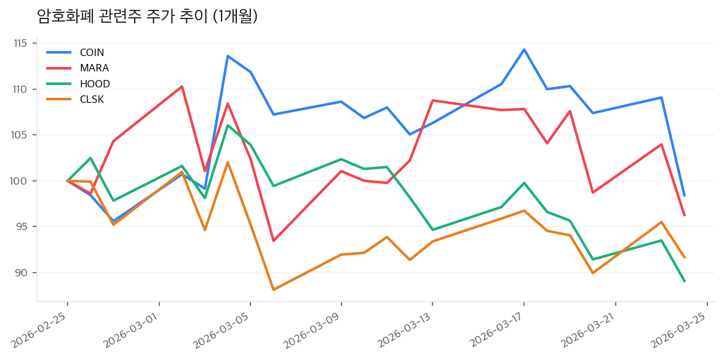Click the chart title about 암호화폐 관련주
click(x=147, y=16)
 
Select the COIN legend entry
click(x=92, y=52)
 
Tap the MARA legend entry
click(x=94, y=68)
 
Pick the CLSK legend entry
click(x=92, y=99)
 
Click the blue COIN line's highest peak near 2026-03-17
click(x=524, y=49)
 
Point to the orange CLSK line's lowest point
click(x=273, y=289)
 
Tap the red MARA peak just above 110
click(x=181, y=86)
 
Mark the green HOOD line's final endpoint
click(x=684, y=281)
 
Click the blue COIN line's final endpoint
click(x=684, y=196)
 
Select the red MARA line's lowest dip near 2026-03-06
click(x=273, y=241)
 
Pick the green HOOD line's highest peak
click(x=228, y=126)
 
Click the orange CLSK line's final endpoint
click(x=684, y=257)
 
